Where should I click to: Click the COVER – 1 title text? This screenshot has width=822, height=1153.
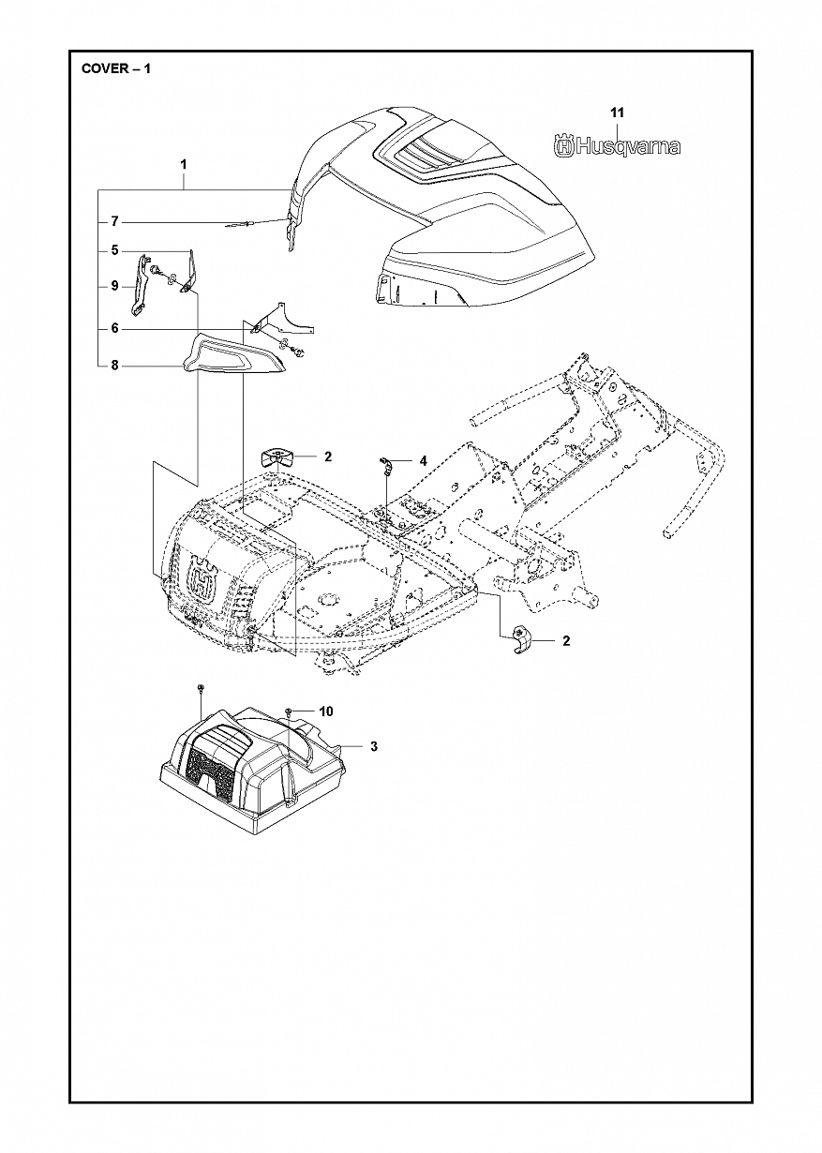[115, 69]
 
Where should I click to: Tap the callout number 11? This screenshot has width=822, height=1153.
[616, 112]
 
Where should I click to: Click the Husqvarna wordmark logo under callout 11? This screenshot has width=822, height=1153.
[615, 146]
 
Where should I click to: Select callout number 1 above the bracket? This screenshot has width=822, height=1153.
[184, 165]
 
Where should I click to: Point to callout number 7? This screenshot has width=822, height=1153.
[114, 222]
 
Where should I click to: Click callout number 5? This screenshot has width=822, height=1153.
[114, 250]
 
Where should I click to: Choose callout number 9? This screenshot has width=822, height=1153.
[114, 285]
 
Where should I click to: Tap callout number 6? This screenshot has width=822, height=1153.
[114, 328]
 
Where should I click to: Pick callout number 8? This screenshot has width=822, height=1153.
[114, 366]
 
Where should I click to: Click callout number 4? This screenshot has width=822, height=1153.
[423, 461]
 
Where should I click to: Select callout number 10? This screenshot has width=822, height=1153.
[326, 712]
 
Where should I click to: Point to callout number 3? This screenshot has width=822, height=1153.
[373, 746]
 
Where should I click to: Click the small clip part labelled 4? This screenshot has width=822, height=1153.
[384, 463]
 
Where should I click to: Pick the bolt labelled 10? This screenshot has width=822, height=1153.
[291, 715]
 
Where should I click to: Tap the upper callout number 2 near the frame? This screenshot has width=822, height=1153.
[328, 457]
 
